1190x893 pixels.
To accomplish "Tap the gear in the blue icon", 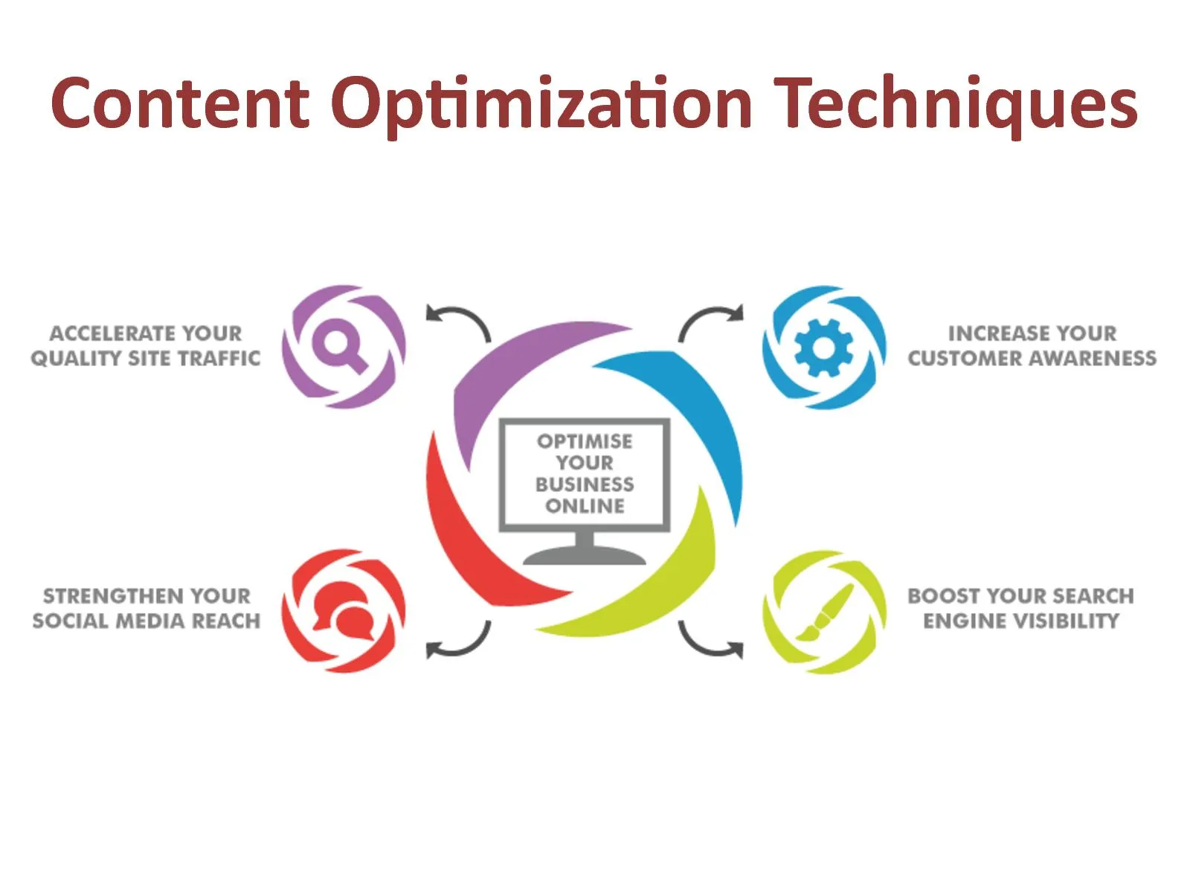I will coord(823,347).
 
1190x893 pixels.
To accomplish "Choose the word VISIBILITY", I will coord(1067,621).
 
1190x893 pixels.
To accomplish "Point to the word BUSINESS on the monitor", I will coord(585,484).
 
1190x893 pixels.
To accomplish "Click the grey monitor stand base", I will coord(585,556).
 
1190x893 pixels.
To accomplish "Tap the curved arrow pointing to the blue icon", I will coord(710,321).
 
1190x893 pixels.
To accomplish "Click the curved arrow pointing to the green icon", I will coord(710,644).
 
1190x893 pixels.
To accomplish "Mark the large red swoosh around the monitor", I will coord(469,536).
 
